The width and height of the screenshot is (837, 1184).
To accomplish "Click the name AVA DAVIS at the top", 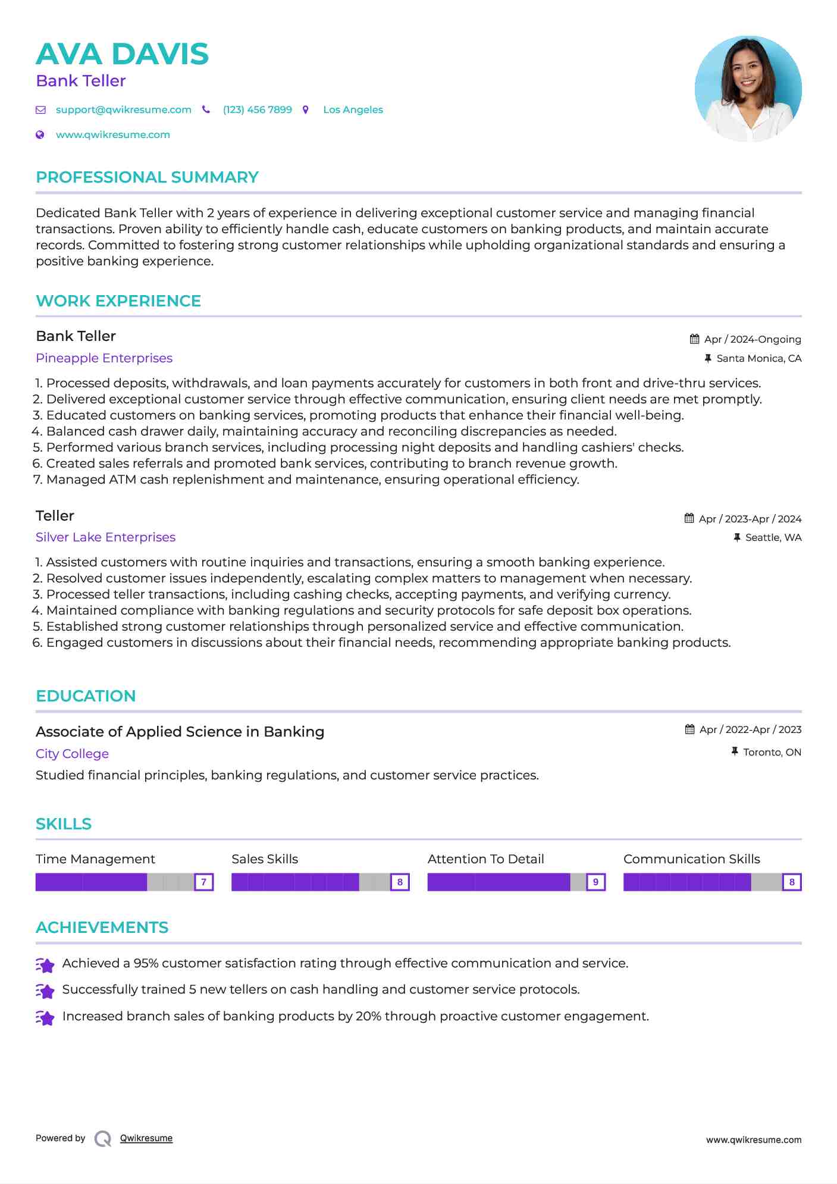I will (x=122, y=54).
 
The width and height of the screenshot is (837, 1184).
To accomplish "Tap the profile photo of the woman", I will (x=748, y=89).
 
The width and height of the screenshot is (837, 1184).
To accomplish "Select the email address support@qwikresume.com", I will (x=123, y=109).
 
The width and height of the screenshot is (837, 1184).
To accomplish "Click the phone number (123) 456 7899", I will (x=257, y=109).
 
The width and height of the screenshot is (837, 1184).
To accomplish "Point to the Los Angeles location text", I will (x=353, y=109).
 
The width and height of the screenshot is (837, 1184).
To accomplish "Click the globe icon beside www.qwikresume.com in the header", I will (x=40, y=134).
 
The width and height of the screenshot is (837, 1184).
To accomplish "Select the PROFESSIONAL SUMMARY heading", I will (x=147, y=177).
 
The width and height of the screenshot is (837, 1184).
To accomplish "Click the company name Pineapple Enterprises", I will (x=104, y=358).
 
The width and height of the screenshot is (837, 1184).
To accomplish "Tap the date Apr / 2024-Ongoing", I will (x=752, y=339).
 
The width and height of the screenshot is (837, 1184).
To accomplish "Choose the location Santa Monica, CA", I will (x=758, y=358).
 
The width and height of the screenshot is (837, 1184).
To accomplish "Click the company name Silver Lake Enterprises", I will (x=105, y=537).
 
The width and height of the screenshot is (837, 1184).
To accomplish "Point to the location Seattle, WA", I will (x=773, y=537).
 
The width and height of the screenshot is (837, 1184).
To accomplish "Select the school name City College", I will (x=72, y=754).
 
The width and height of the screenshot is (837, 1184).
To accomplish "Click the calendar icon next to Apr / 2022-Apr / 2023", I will (x=689, y=729).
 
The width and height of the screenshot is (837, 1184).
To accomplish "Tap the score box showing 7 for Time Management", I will (x=203, y=882).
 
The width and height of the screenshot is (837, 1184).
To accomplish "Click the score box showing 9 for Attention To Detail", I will (x=595, y=882).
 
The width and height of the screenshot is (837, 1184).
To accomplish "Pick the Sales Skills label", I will (x=265, y=859).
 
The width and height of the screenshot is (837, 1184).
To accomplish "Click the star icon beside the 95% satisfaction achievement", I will (x=45, y=964).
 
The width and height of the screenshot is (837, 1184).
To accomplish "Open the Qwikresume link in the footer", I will (x=146, y=1138).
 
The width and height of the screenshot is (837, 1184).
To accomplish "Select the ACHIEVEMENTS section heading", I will (x=102, y=928).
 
